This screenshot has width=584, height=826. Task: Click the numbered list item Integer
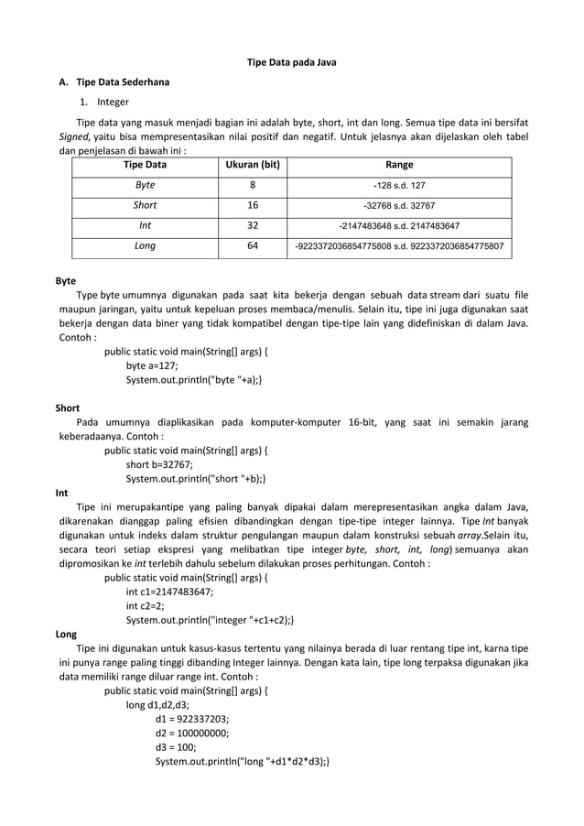click(x=114, y=102)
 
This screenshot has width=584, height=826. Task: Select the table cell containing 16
click(x=253, y=205)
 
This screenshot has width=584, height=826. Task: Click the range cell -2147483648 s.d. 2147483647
click(x=399, y=225)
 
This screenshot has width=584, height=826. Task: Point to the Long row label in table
click(x=145, y=245)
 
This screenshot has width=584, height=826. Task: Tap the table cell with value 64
click(x=253, y=245)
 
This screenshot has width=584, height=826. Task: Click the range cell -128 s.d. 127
click(x=399, y=185)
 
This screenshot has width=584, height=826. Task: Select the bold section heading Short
click(x=68, y=408)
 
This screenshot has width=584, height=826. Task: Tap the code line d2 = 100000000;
click(x=192, y=732)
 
